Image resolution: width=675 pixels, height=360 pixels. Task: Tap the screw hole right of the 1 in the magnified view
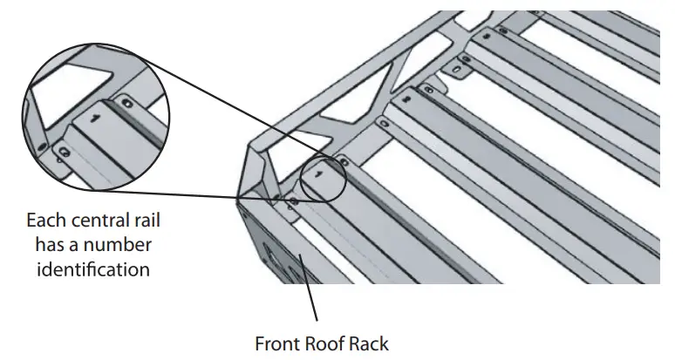(x=128, y=103)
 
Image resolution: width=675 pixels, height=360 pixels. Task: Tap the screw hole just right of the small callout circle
(x=343, y=161)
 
